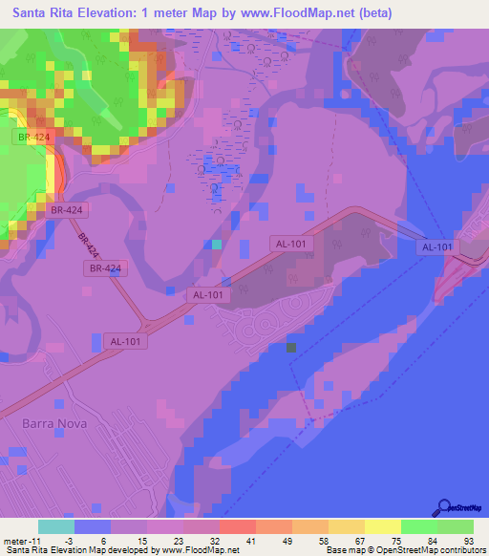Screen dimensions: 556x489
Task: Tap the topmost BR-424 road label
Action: click(29, 137)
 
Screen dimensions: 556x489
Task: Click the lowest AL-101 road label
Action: click(124, 341)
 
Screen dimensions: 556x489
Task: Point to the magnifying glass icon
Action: click(444, 507)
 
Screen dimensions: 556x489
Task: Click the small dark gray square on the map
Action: click(291, 350)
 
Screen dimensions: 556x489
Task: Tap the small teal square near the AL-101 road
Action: click(217, 244)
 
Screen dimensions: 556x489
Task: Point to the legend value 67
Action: click(359, 541)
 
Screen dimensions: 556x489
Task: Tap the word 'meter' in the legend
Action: click(17, 541)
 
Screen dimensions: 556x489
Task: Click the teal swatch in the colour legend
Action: click(56, 526)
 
